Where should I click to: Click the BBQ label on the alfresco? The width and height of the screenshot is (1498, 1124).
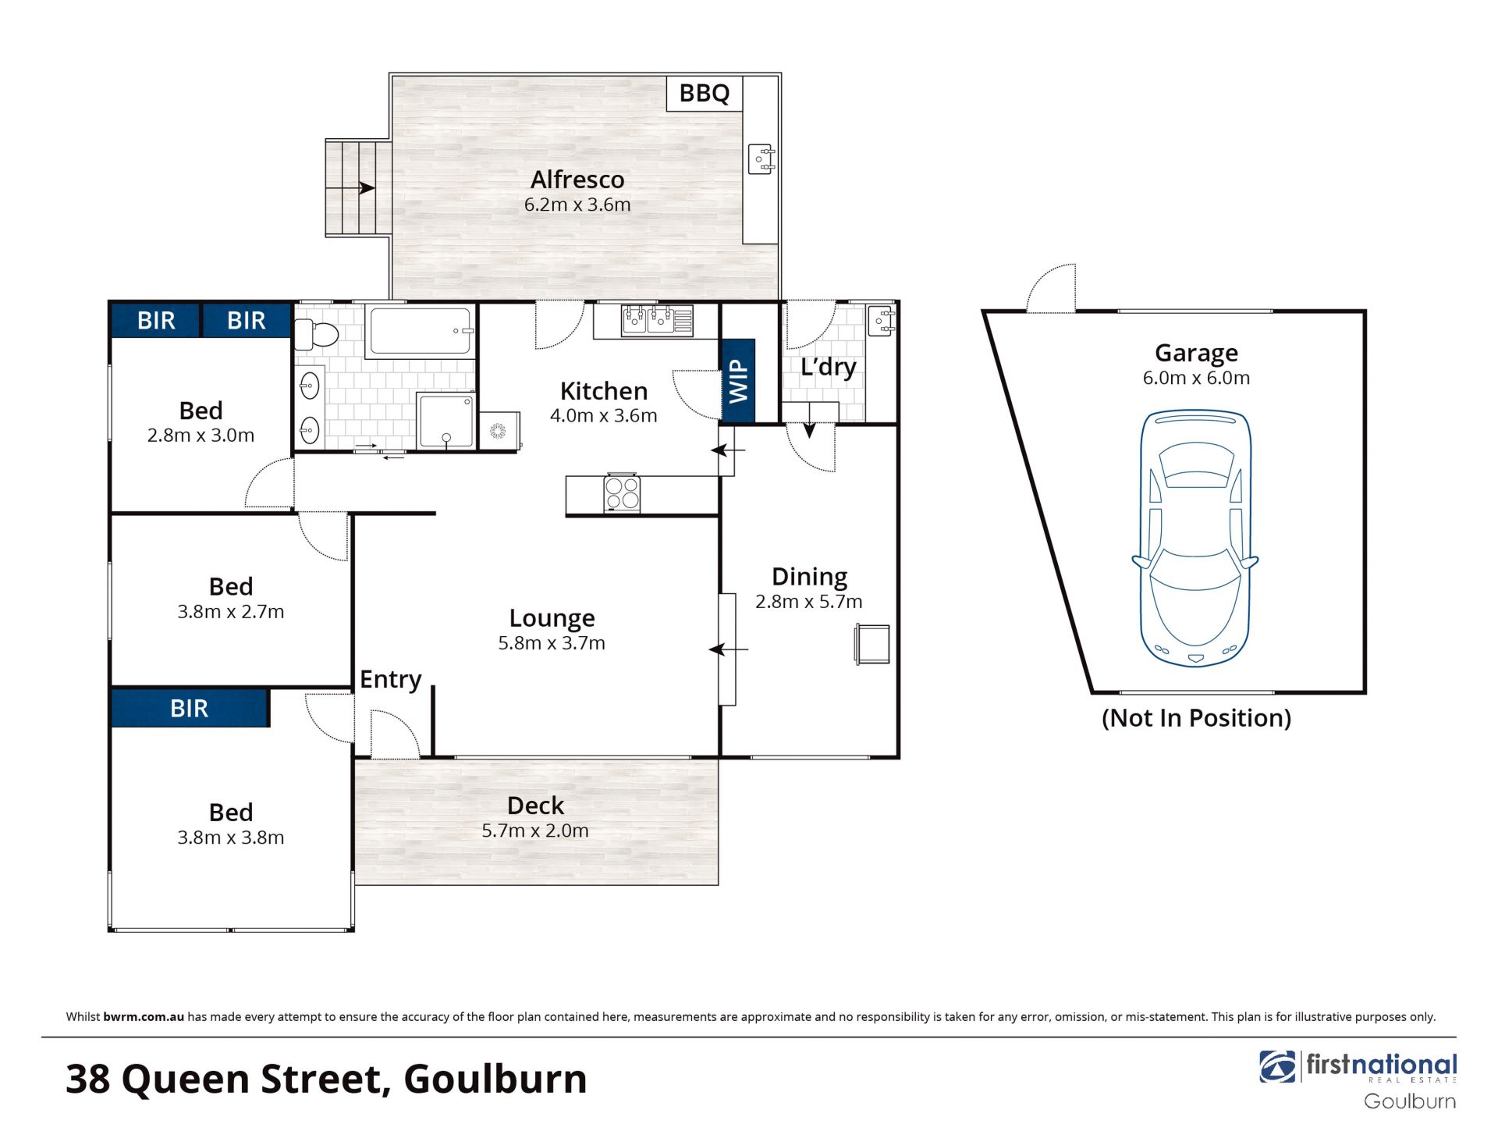click(704, 93)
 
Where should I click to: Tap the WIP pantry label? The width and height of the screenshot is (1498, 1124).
click(738, 382)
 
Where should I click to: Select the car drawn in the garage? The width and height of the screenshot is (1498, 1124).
click(1194, 538)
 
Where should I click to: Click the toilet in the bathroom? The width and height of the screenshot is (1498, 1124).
click(315, 335)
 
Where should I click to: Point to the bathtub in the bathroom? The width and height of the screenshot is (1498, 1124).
click(421, 331)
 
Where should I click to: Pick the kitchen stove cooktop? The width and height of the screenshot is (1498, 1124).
click(622, 493)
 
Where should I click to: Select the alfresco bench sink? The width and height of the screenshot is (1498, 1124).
click(761, 158)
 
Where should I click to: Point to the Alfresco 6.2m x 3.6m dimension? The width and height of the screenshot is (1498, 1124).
click(577, 205)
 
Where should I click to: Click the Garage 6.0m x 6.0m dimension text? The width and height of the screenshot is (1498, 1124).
click(1196, 378)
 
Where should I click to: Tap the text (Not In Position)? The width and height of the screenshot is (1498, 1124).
click(1196, 718)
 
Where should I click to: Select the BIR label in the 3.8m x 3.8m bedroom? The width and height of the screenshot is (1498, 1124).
click(190, 708)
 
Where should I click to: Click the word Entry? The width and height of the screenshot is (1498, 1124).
click(390, 680)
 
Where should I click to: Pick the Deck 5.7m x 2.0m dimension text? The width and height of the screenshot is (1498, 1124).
click(535, 831)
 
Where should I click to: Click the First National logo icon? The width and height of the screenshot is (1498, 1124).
click(1277, 1067)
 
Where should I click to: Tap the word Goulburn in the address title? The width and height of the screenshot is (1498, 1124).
click(495, 1080)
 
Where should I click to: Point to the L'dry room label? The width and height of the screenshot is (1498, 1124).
click(828, 367)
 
